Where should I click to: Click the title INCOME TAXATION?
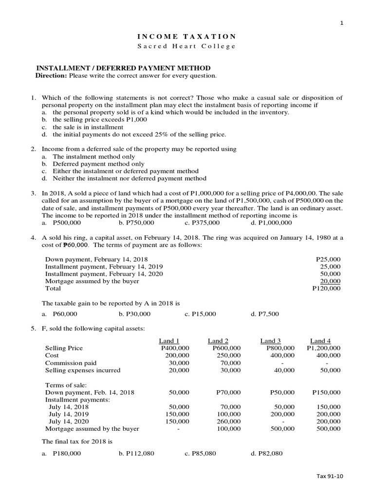(187, 37)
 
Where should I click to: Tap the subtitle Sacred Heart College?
(187, 46)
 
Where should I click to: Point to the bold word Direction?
(51, 77)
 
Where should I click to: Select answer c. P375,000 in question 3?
(202, 223)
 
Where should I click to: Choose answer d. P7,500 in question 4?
(265, 314)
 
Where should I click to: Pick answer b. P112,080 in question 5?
(136, 454)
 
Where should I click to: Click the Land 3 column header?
(271, 341)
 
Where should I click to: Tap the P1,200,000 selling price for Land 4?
(323, 348)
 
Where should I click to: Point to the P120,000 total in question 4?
(326, 288)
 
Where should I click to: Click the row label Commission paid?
(71, 363)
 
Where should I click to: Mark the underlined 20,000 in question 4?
(331, 281)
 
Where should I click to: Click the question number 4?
(34, 238)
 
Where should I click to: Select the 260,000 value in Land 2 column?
(229, 422)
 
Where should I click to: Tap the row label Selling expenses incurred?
(82, 370)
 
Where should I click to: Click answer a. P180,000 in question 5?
(63, 454)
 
